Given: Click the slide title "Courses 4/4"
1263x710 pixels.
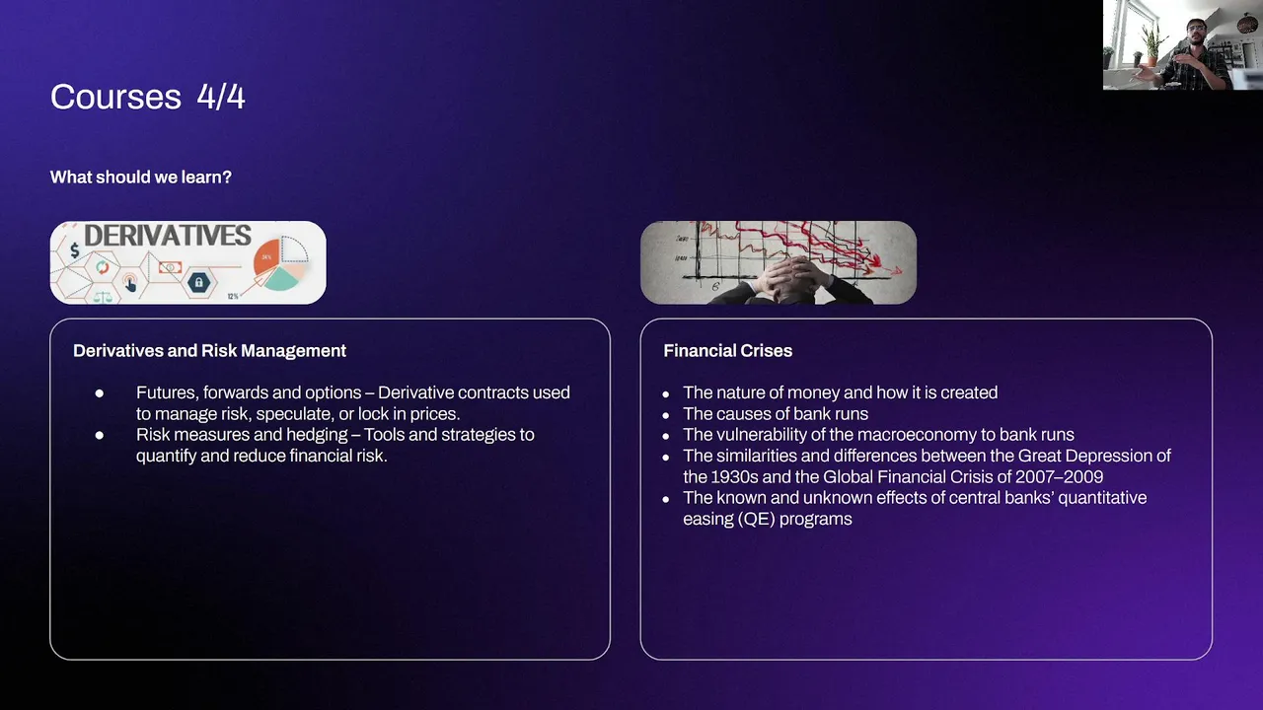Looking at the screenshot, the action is click(x=148, y=97).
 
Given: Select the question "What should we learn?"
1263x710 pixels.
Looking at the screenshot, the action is click(x=141, y=177).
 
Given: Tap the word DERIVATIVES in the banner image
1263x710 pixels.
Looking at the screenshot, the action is click(x=168, y=236).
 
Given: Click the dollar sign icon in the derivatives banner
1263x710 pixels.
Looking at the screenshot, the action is click(x=74, y=250).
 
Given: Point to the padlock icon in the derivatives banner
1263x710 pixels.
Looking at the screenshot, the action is click(x=198, y=282).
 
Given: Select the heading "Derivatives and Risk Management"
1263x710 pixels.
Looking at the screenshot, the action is click(x=209, y=351).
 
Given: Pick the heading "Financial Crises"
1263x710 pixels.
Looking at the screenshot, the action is click(x=727, y=351).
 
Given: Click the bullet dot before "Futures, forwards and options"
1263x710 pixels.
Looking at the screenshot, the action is click(x=100, y=393).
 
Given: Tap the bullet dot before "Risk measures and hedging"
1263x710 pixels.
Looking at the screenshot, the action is click(x=100, y=435).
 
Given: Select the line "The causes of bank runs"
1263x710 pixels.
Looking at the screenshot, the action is click(x=776, y=414).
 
